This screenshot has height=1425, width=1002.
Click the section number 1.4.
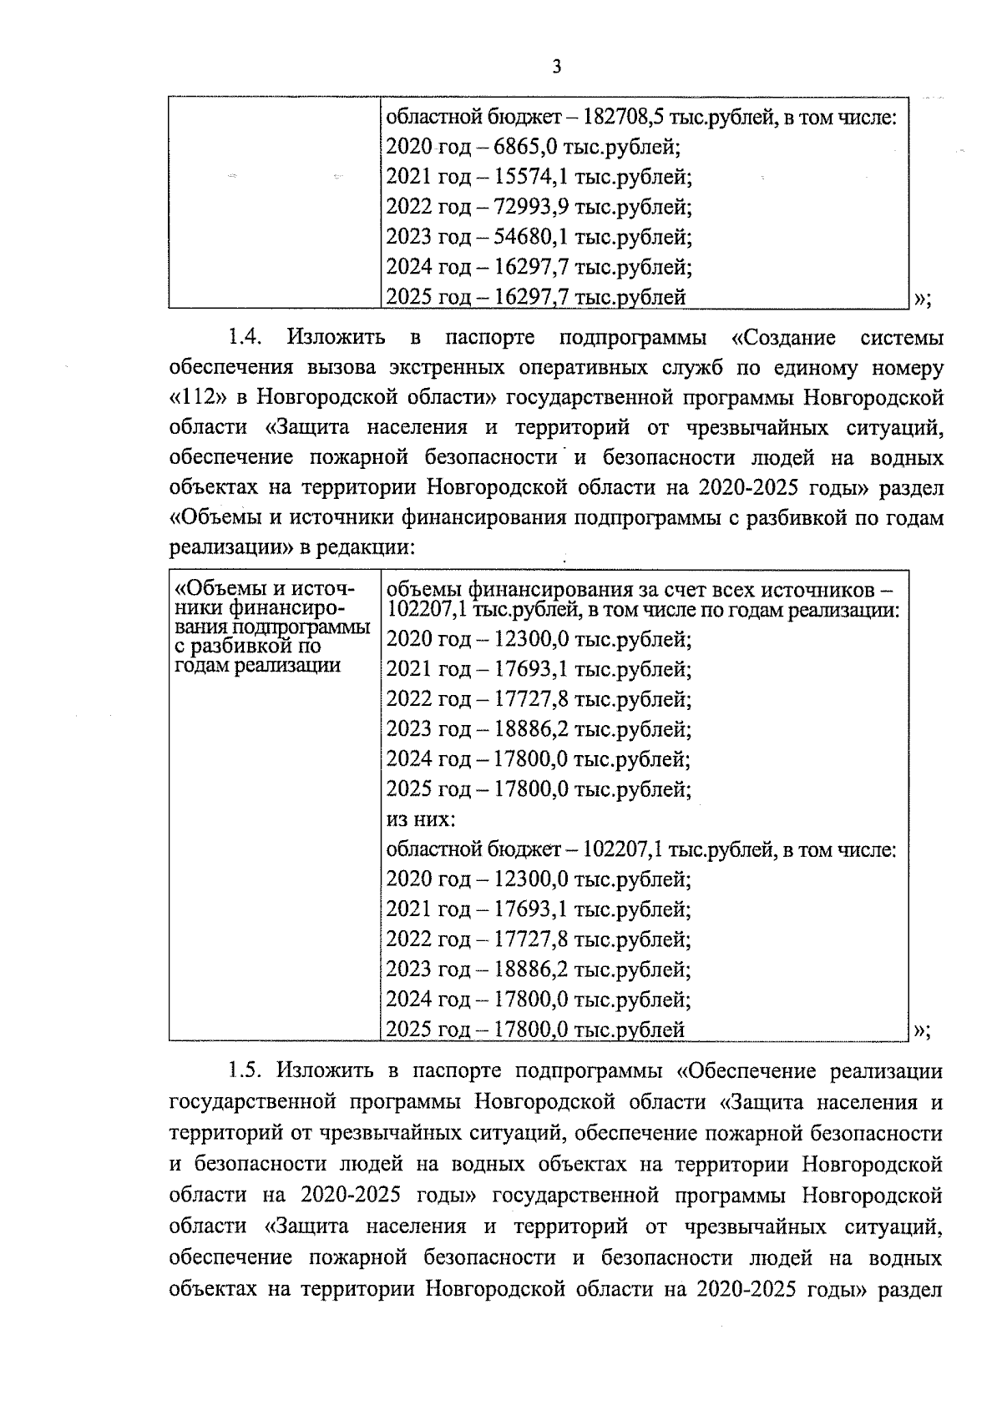pyautogui.click(x=246, y=338)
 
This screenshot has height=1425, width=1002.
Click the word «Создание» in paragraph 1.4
pyautogui.click(x=783, y=338)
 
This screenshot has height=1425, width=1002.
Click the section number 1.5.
pyautogui.click(x=246, y=1071)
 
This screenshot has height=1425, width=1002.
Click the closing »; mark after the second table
pyautogui.click(x=922, y=1031)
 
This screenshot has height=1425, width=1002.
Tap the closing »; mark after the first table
pyautogui.click(x=922, y=298)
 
